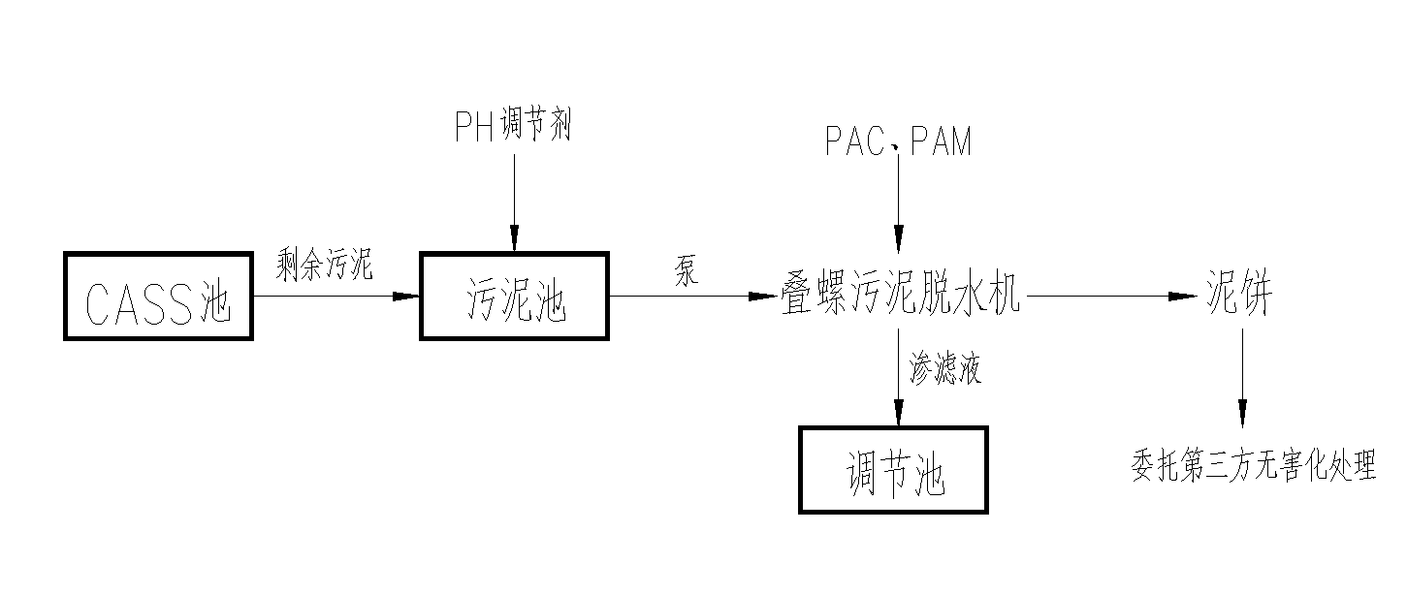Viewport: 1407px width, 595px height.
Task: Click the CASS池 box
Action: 158,297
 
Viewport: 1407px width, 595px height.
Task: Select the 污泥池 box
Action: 514,297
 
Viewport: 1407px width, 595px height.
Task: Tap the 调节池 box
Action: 893,470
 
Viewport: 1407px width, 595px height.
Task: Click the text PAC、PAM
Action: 898,143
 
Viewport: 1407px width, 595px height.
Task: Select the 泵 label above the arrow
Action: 686,272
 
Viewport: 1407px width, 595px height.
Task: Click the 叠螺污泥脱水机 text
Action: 901,297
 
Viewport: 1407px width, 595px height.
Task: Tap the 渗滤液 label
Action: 944,369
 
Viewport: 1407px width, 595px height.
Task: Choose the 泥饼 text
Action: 1238,297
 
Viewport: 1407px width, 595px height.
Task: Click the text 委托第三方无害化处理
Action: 1254,466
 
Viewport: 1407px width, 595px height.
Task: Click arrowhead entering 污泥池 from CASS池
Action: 406,297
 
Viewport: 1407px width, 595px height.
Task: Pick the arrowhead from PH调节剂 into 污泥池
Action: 514,238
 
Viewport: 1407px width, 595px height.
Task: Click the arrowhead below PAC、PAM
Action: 898,238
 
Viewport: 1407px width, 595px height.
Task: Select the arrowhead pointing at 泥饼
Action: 1182,297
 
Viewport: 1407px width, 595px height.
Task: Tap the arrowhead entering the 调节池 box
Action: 898,414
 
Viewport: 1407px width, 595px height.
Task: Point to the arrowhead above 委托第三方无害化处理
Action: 1242,411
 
